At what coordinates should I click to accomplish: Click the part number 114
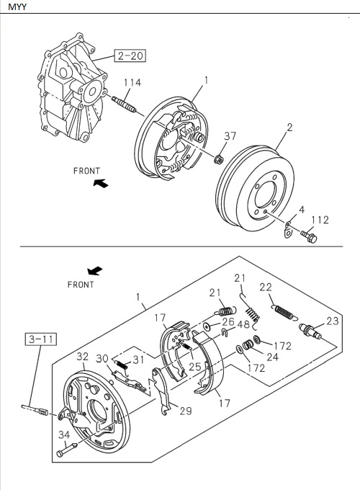coord(131,83)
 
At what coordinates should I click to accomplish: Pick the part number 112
coord(320,220)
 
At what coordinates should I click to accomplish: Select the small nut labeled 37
coord(222,157)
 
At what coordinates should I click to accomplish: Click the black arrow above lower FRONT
coord(94,271)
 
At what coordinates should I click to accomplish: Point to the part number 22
coord(265,288)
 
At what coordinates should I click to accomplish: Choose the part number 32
coord(83,356)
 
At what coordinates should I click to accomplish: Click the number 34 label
coord(64,434)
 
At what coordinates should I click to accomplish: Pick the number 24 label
coord(272,355)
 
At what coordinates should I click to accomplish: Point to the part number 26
coord(228,321)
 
